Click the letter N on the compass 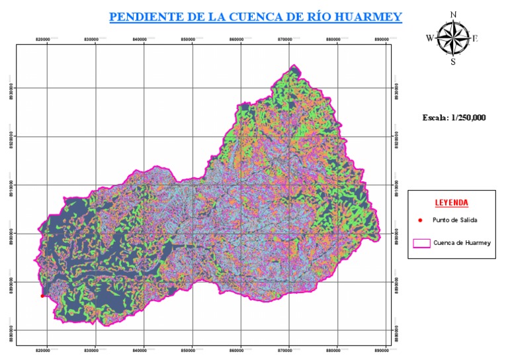pos(453,13)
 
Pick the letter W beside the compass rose pos(430,38)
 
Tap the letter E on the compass pos(475,38)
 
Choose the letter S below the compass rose pos(453,62)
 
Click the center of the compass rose pos(453,38)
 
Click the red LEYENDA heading pos(452,202)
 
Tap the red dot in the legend pos(421,220)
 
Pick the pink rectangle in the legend pos(421,243)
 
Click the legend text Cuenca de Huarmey pos(462,243)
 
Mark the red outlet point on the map pos(42,296)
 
